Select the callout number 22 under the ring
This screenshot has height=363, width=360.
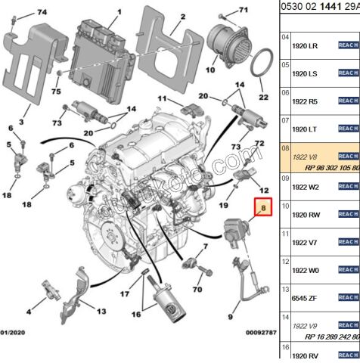pyautogui.click(x=263, y=97)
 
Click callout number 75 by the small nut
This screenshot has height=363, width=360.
pyautogui.click(x=56, y=92)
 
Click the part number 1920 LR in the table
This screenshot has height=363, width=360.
pyautogui.click(x=306, y=45)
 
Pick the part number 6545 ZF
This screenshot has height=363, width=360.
pyautogui.click(x=306, y=297)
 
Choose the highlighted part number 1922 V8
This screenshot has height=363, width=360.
pyautogui.click(x=306, y=157)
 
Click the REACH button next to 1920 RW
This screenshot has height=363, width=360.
pyautogui.click(x=347, y=214)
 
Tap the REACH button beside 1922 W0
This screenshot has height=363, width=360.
pyautogui.click(x=347, y=269)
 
